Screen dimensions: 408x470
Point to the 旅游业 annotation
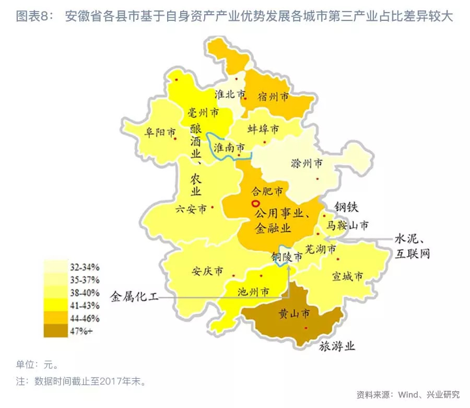click(337, 346)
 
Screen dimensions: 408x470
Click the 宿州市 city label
click(273, 97)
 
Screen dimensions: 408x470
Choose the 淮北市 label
click(230, 95)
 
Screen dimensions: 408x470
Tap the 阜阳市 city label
click(160, 133)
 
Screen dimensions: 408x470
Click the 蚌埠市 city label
click(263, 129)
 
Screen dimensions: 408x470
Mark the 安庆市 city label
click(207, 272)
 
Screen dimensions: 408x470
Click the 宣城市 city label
click(347, 276)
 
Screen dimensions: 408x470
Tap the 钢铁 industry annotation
click(346, 206)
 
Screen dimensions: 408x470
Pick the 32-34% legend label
click(84, 267)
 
